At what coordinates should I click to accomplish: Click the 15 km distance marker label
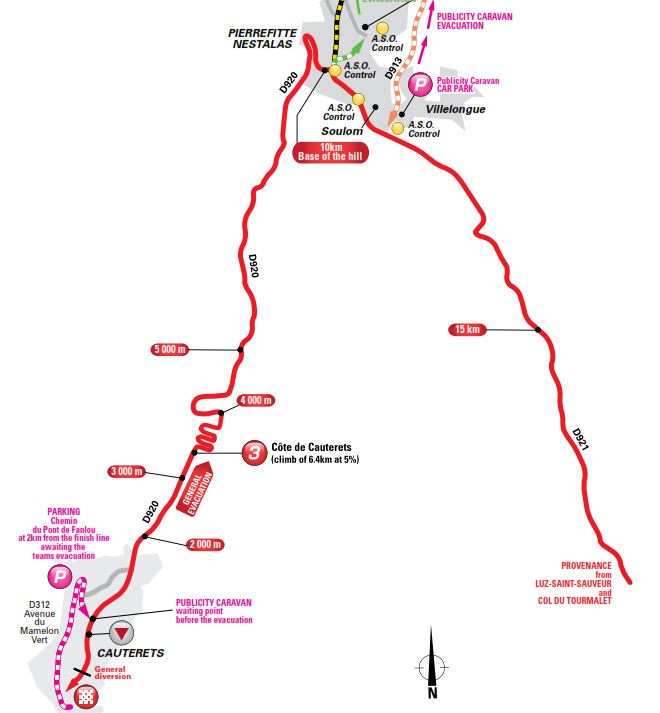[x=468, y=329]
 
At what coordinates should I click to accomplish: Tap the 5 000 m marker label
[x=169, y=349]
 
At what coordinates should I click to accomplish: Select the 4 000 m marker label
[x=255, y=400]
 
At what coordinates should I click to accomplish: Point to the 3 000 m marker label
[x=126, y=471]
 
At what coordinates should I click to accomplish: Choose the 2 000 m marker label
[x=203, y=544]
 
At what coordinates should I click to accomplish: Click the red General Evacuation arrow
[x=196, y=489]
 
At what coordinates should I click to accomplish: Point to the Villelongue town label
[x=455, y=108]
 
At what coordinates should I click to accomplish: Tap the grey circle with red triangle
[x=121, y=632]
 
